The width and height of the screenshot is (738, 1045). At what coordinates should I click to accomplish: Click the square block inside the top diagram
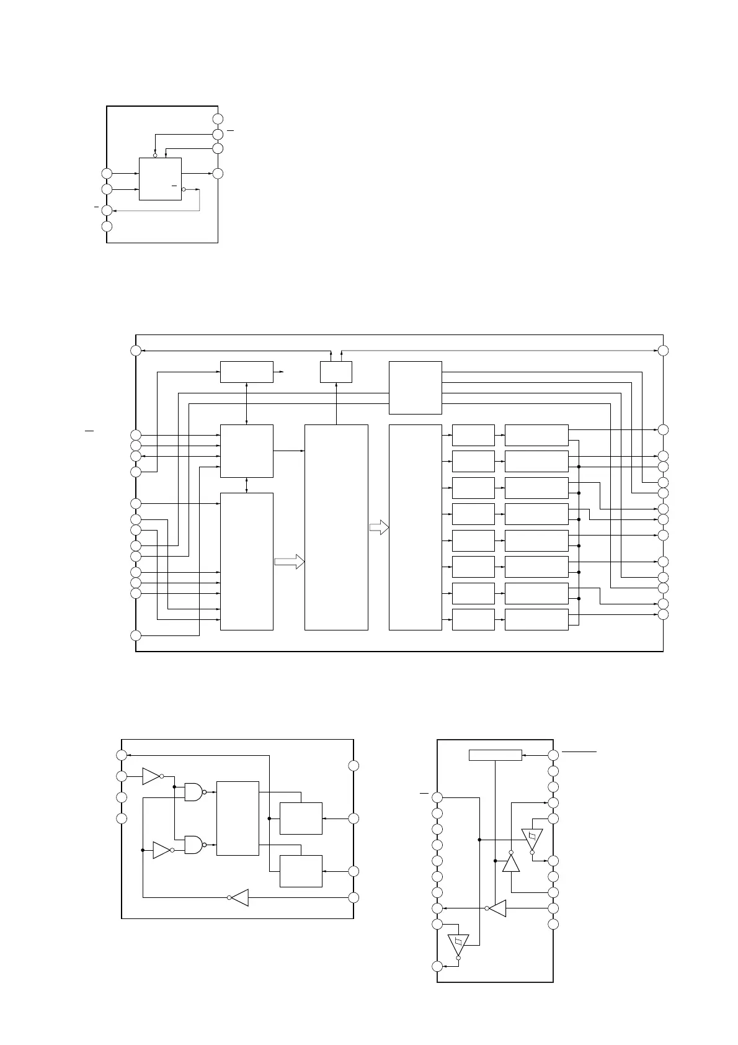click(160, 179)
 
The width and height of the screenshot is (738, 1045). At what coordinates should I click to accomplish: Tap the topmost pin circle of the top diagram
click(218, 119)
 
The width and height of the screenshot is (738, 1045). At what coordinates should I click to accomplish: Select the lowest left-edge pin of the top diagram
click(107, 226)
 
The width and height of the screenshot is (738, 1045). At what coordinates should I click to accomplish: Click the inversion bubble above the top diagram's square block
click(155, 155)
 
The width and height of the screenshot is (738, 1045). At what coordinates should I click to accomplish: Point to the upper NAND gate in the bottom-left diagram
click(193, 792)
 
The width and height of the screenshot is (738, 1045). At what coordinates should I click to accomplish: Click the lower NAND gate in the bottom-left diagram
click(193, 844)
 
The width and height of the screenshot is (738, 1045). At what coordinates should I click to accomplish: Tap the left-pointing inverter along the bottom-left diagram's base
click(240, 897)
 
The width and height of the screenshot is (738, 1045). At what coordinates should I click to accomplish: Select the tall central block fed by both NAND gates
click(238, 818)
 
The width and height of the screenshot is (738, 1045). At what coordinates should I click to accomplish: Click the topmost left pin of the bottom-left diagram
click(122, 755)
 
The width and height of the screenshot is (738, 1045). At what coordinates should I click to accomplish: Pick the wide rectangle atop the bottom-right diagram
click(495, 755)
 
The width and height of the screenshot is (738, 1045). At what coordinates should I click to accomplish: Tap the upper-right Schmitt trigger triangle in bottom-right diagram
click(532, 839)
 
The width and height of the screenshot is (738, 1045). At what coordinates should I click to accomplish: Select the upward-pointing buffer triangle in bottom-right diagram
click(510, 862)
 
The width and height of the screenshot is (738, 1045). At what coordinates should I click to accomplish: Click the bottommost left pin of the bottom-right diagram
click(437, 966)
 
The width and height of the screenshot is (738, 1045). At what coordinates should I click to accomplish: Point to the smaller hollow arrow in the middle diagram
click(379, 528)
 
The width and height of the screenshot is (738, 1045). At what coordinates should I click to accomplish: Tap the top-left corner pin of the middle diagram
click(136, 351)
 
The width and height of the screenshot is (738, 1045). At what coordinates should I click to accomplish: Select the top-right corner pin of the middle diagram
click(663, 351)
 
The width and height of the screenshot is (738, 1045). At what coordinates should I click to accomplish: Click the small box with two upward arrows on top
click(336, 372)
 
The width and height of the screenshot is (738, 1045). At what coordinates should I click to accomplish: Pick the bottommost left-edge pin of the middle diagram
click(136, 635)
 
